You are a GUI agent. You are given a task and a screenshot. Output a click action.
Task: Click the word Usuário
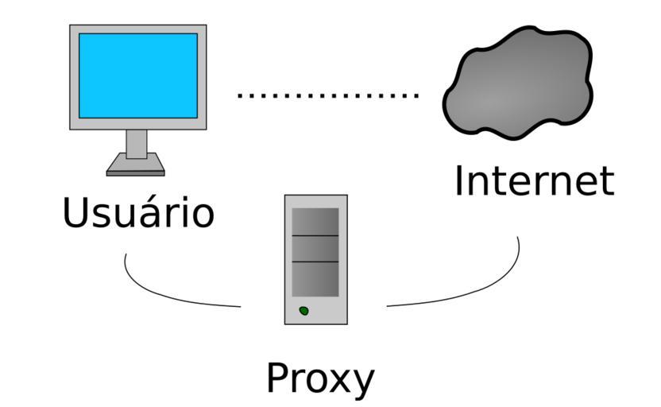[x=138, y=212]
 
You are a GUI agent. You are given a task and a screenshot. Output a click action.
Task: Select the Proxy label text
[x=319, y=378]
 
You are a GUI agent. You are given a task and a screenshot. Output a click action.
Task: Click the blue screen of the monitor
[x=138, y=76]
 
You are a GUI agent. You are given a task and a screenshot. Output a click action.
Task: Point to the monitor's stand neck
[x=137, y=143]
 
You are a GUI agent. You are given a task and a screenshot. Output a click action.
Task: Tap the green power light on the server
[x=303, y=310]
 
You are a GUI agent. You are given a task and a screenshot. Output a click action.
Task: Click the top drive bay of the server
[x=315, y=222]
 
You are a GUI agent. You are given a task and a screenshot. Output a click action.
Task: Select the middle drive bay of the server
[x=315, y=249]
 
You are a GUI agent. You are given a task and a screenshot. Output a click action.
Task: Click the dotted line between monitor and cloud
[x=327, y=95]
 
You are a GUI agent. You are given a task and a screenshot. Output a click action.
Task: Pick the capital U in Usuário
[x=75, y=212]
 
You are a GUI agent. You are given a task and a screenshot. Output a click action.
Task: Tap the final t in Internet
[x=606, y=181]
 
